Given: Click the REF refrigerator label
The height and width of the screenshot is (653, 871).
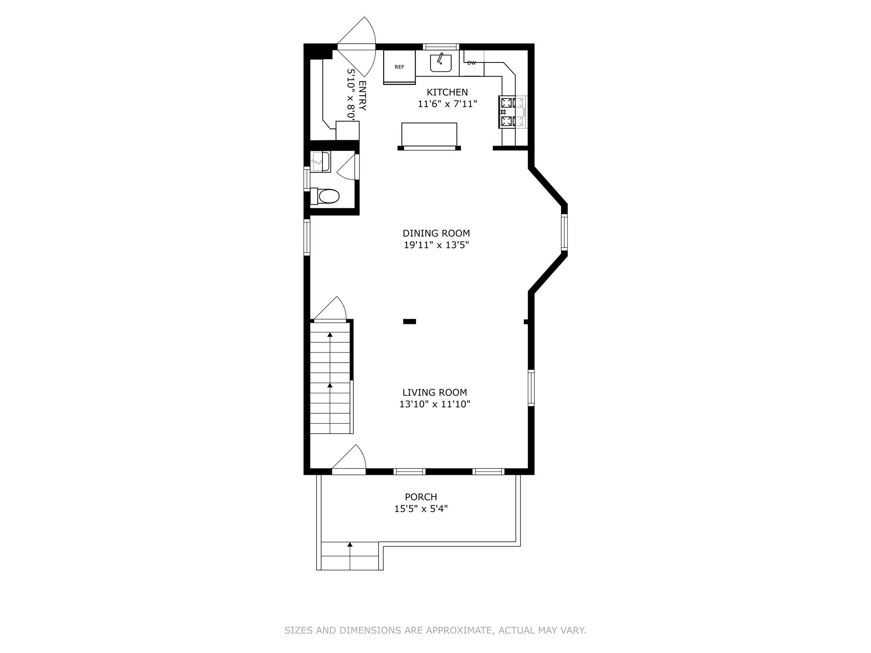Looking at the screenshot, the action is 399,67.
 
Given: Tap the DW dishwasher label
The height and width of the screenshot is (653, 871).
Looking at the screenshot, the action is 471,63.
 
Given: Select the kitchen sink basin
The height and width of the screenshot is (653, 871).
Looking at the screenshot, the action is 441,63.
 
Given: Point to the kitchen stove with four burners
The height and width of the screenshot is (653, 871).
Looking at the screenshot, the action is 512,112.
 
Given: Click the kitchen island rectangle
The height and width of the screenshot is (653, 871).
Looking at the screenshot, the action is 429,134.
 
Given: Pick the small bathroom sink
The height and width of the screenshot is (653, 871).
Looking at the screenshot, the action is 320,162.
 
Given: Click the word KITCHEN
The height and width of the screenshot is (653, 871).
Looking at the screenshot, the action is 447,92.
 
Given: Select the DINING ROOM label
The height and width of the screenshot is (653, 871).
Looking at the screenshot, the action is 436,233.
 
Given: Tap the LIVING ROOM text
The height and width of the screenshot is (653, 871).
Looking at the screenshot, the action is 435,392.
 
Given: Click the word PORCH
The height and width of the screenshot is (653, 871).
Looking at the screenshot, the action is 421,497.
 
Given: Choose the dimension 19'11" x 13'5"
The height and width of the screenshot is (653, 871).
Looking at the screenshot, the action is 436,245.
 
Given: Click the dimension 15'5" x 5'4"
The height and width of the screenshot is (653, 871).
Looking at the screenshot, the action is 421,509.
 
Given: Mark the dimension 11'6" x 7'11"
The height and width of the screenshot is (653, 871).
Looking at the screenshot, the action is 447,104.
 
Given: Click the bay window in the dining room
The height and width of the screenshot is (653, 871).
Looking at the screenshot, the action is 564,231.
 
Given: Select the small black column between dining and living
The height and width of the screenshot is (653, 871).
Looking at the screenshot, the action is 410,322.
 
